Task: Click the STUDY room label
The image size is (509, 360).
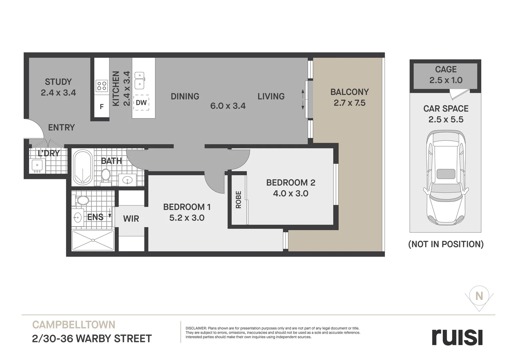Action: (58, 82)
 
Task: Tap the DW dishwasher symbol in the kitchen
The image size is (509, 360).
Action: (141, 103)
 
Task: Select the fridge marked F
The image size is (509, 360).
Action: (102, 107)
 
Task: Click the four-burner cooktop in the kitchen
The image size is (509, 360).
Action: (102, 86)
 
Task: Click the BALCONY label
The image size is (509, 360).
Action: (349, 92)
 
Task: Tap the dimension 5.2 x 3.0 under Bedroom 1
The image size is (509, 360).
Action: (187, 218)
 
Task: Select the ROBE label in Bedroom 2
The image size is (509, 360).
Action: (238, 200)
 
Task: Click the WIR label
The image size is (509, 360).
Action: (131, 219)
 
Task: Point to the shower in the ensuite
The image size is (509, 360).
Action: (93, 240)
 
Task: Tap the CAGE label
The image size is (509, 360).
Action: (446, 69)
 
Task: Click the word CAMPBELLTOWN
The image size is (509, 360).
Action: (74, 325)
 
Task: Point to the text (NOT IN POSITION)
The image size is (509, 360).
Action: (446, 244)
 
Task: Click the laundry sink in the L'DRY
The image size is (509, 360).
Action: (37, 165)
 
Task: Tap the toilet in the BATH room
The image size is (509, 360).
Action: (106, 175)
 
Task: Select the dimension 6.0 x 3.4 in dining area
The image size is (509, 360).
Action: (228, 106)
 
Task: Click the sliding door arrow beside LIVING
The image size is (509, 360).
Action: (302, 99)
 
